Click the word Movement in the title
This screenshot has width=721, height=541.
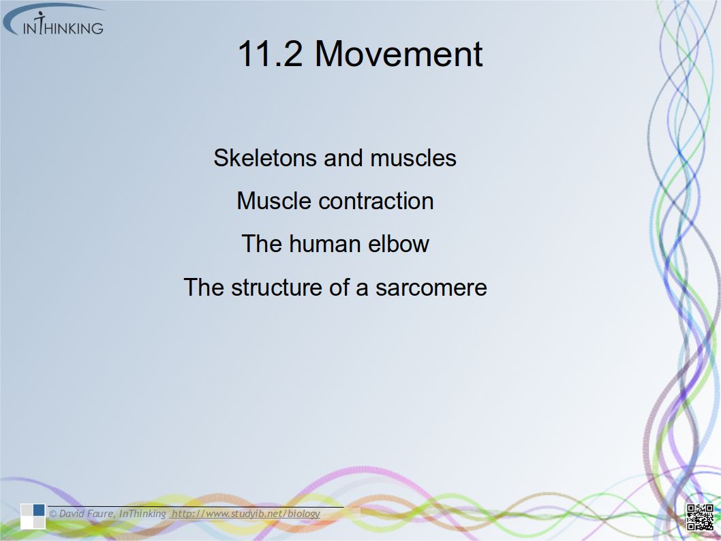tap(399, 54)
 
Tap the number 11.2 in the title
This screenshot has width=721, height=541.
tap(270, 54)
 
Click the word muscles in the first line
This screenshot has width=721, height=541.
tap(414, 157)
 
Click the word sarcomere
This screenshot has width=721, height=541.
tap(431, 288)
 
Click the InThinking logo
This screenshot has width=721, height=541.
tap(54, 20)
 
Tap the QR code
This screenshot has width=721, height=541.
tap(700, 517)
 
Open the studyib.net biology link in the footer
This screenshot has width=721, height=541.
tap(246, 514)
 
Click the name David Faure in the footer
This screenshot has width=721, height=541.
tap(87, 514)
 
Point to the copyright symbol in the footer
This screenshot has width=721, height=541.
tap(53, 514)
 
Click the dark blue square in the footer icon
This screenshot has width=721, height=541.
tap(39, 510)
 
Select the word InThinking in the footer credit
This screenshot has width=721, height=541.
tap(142, 514)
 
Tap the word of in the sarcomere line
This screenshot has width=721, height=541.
tap(339, 288)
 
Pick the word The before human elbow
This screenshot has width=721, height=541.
tap(262, 244)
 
